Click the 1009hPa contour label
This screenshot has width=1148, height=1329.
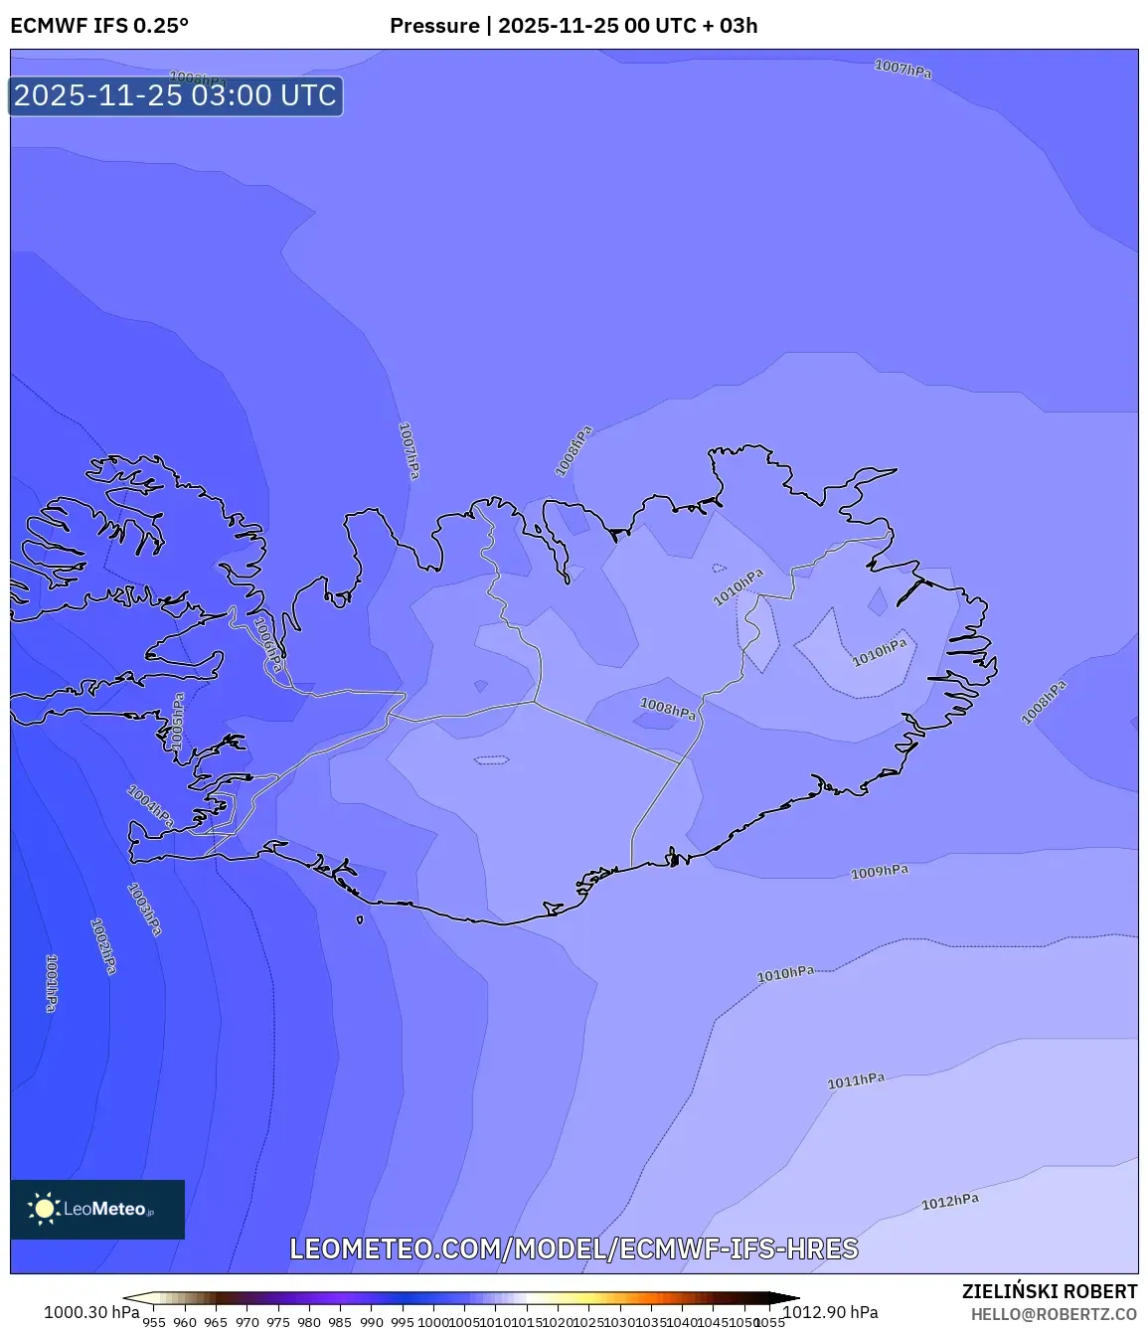(x=880, y=872)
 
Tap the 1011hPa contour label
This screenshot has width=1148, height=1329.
(x=856, y=1080)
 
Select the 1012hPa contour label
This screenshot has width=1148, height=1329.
(x=949, y=1202)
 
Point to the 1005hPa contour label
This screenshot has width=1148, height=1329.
(x=177, y=721)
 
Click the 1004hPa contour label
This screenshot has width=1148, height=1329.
(x=150, y=806)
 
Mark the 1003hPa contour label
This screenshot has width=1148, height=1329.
(x=145, y=910)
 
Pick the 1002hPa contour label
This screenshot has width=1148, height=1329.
(x=103, y=945)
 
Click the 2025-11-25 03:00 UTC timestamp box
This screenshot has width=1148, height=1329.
(x=176, y=95)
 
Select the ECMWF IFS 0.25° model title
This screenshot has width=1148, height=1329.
(x=99, y=26)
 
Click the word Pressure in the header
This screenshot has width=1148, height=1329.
(x=434, y=26)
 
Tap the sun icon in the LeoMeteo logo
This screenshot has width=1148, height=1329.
(x=44, y=1209)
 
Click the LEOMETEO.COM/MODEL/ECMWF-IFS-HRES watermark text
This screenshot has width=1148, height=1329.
(x=574, y=1248)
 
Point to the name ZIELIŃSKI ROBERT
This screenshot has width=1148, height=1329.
(x=1049, y=1291)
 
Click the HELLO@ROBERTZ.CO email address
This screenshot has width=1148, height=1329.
(x=1054, y=1314)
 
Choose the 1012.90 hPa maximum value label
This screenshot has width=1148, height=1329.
(x=831, y=1312)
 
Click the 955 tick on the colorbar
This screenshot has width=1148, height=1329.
(x=154, y=1322)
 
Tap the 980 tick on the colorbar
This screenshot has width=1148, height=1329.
(x=309, y=1322)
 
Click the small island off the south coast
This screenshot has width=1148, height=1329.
(x=360, y=919)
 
